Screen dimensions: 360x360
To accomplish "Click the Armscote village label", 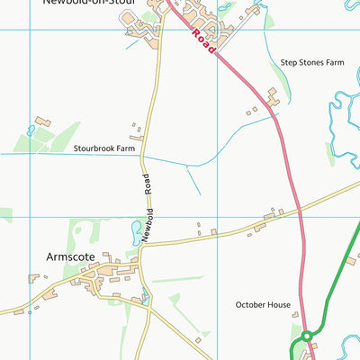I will pyautogui.click(x=70, y=256).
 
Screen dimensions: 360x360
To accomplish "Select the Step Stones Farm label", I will pyautogui.click(x=312, y=63).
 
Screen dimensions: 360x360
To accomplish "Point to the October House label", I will pyautogui.click(x=263, y=305).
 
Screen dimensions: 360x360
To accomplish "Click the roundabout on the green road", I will pyautogui.click(x=306, y=336).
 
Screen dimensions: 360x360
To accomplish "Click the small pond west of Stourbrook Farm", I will pyautogui.click(x=31, y=130).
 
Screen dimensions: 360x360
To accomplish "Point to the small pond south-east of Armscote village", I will pyautogui.click(x=145, y=292).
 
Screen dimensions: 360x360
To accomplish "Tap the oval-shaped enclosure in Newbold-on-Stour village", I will pyautogui.click(x=142, y=27).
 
